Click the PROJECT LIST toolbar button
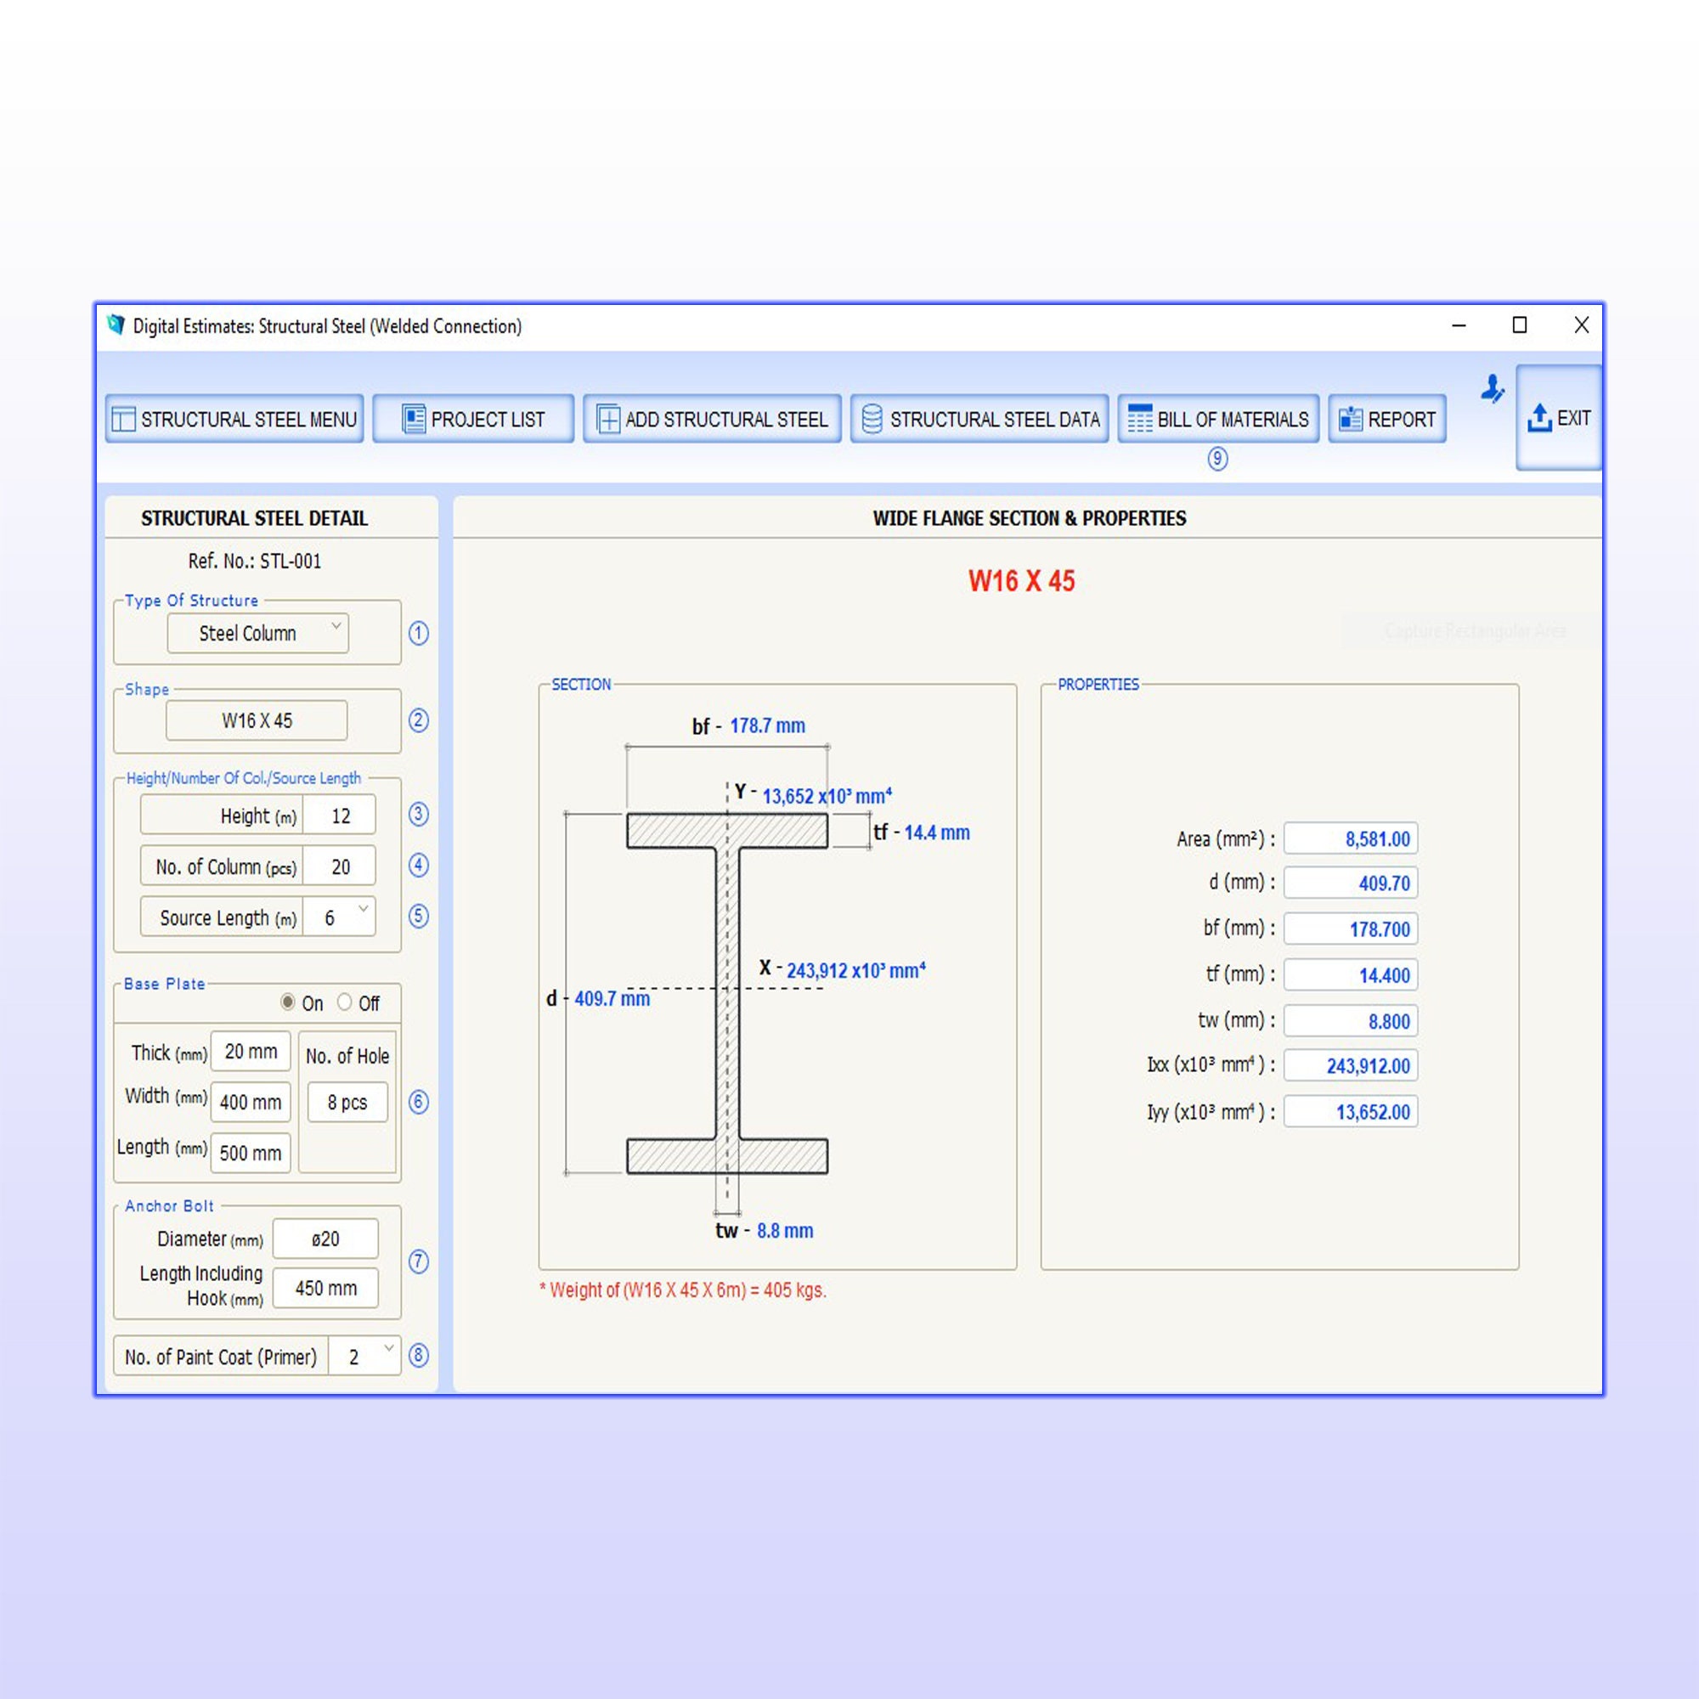point(473,420)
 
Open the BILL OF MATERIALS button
point(1218,420)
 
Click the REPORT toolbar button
point(1387,420)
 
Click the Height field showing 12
point(341,816)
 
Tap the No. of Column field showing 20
point(341,867)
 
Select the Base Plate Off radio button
point(345,1002)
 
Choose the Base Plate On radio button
point(288,1002)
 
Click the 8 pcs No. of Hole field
point(347,1103)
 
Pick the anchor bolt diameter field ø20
point(325,1239)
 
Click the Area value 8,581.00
point(1350,839)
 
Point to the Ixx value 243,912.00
point(1350,1066)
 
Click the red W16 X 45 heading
point(1021,581)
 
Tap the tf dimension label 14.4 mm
point(936,833)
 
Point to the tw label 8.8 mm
point(784,1231)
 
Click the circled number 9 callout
point(1217,459)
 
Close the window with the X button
point(1581,325)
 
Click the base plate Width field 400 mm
point(251,1103)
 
